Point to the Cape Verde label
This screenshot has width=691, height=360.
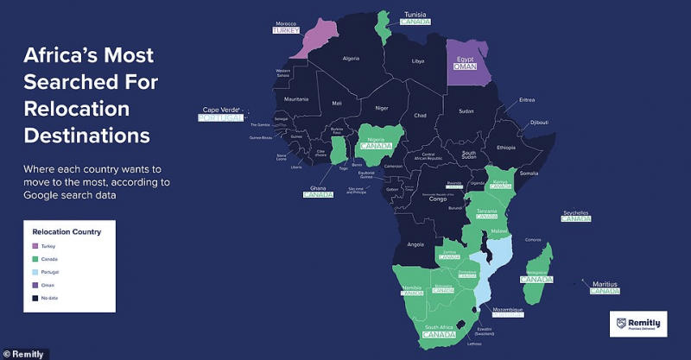coord(220,110)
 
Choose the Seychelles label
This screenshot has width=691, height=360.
coord(575,212)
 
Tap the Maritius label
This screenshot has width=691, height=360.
coord(605,283)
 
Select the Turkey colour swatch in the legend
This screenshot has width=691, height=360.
coord(35,246)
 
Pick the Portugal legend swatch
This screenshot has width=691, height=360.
coord(35,271)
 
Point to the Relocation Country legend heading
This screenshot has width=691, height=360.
coord(67,231)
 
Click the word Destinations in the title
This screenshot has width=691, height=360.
coord(86,136)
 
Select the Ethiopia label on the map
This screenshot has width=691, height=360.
coord(506,148)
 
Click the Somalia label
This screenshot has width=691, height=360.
coord(529,174)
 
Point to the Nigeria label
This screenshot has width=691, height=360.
coord(375,138)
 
